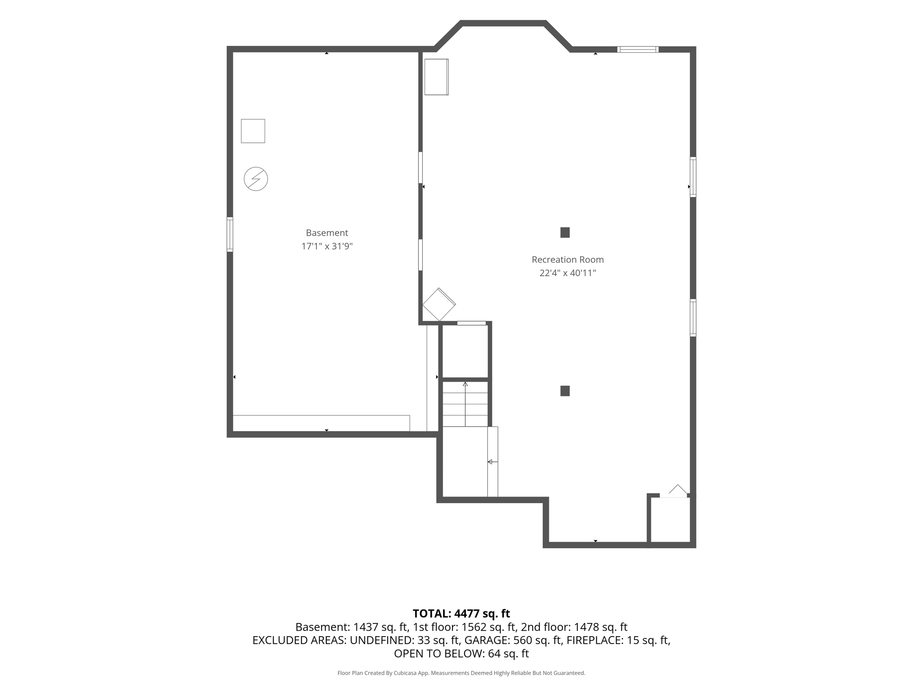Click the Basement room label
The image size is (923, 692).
[327, 233]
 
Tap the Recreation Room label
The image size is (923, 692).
[567, 259]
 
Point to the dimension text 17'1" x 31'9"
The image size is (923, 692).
[327, 246]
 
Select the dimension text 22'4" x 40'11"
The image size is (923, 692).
[567, 273]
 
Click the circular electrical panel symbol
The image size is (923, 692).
[256, 179]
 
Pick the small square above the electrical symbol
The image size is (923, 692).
[253, 131]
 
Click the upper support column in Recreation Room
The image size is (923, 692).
[565, 232]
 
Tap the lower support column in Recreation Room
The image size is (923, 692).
[565, 391]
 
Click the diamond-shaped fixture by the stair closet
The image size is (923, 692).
[439, 305]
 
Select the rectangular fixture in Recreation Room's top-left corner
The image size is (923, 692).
[436, 77]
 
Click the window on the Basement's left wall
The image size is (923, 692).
[230, 234]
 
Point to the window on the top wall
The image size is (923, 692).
[638, 50]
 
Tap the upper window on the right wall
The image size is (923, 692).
[693, 177]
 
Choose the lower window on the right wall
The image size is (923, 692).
[693, 318]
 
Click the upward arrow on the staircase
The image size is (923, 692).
[465, 404]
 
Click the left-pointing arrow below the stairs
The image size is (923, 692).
[493, 462]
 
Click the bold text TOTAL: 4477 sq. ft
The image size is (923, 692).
[461, 614]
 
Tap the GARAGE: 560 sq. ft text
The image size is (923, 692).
[513, 640]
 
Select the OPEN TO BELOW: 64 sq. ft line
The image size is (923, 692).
[461, 654]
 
